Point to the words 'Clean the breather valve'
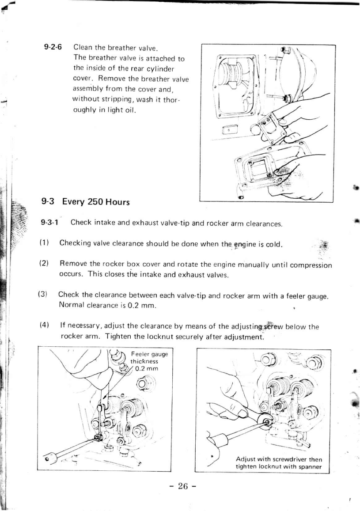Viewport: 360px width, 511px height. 115,47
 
